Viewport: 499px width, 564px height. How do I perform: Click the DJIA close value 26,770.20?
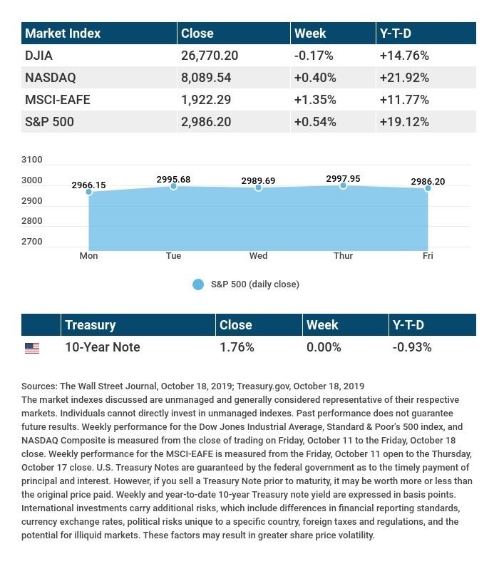point(210,56)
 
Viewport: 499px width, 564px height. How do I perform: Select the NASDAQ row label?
point(50,78)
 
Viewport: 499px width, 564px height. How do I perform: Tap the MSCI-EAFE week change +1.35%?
point(315,100)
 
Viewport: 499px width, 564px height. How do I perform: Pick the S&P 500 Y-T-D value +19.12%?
point(404,122)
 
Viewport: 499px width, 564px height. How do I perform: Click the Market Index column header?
point(63,34)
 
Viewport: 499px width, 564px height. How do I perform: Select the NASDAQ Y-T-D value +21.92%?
point(404,78)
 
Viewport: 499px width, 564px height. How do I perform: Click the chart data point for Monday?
point(88,192)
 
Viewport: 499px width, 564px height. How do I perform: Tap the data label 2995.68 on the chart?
point(173,180)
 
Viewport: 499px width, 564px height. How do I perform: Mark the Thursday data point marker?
point(343,185)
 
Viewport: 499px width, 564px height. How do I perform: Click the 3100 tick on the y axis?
point(33,160)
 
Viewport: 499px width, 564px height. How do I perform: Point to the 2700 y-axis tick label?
point(33,242)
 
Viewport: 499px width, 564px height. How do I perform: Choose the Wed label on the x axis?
point(258,256)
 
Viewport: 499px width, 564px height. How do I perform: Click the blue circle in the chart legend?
point(198,284)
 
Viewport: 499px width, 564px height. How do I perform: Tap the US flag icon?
point(32,348)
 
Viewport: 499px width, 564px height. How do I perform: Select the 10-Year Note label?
point(102,347)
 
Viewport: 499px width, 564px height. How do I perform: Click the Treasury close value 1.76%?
point(237,347)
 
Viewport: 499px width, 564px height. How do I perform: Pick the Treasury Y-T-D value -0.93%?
point(412,347)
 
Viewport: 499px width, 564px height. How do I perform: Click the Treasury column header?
point(90,325)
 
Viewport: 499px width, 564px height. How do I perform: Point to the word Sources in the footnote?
point(39,386)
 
